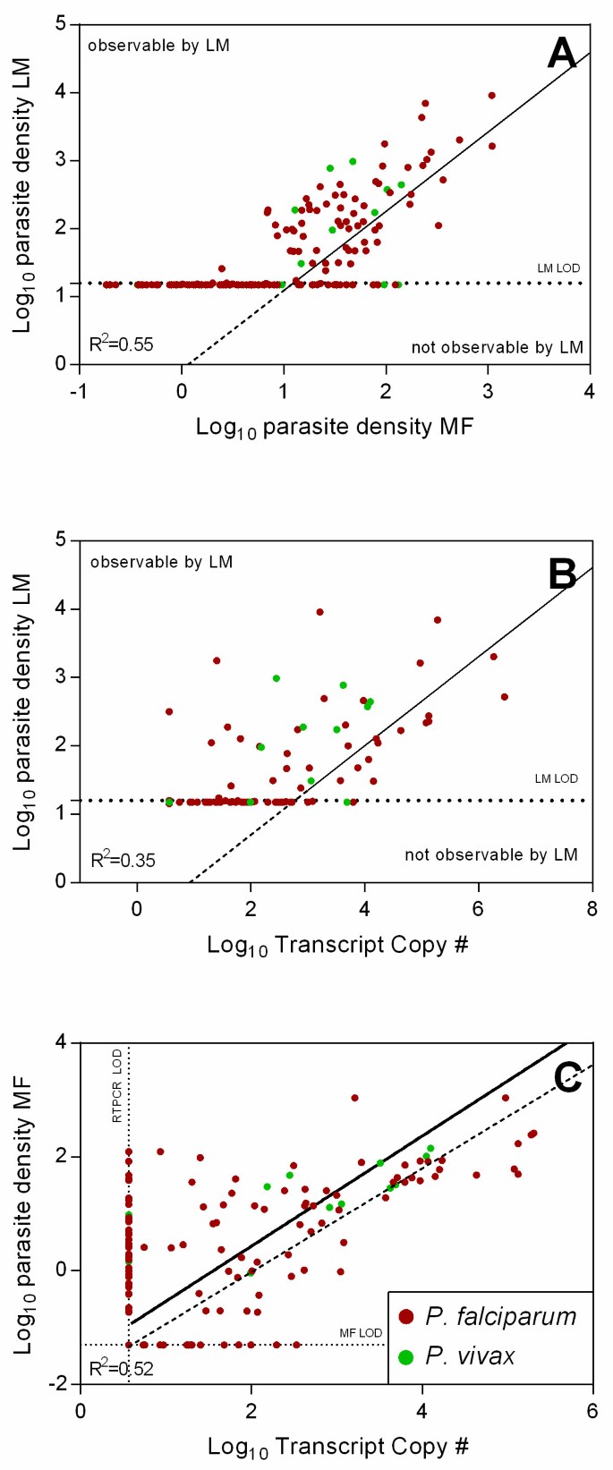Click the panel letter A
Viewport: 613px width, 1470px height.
562,54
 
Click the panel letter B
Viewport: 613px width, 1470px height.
562,574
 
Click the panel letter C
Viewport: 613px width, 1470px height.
568,1077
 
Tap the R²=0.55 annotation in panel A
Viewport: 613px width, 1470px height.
121,344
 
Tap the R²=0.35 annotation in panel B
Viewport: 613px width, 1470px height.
123,860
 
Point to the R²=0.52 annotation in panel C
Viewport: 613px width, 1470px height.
121,1368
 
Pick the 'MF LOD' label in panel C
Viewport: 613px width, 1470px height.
361,1333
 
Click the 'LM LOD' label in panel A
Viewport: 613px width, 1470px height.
558,268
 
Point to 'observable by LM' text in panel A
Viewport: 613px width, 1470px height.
158,45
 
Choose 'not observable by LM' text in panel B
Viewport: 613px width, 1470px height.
490,854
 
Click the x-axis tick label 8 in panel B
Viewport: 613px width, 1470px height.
592,908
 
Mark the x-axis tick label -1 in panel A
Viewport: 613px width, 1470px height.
79,392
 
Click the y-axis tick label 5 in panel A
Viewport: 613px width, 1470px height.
61,23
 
